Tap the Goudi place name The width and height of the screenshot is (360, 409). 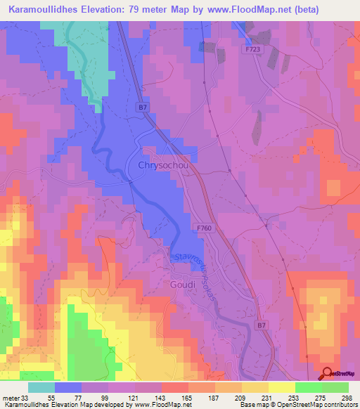[181, 285]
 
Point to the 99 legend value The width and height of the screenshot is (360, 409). [108, 398]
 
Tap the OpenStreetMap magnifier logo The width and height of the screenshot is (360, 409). [328, 374]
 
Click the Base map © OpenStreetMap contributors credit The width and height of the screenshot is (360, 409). [298, 405]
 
